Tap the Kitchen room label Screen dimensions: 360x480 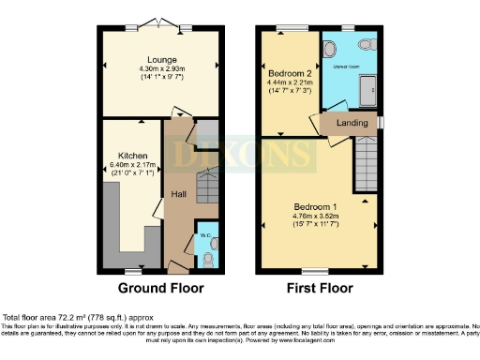click(131, 156)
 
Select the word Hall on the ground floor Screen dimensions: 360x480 click(178, 194)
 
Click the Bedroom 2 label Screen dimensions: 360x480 click(291, 72)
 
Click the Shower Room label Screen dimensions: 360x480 click(346, 67)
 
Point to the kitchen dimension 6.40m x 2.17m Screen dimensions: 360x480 click(131, 166)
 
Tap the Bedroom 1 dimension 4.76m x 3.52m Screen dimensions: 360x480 click(309, 217)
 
